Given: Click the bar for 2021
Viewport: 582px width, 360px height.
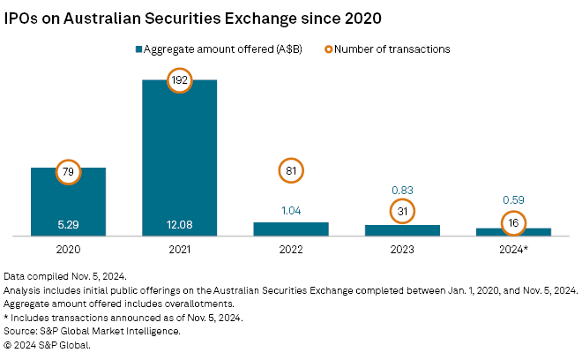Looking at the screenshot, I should coord(180,159).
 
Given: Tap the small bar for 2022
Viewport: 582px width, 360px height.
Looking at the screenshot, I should coord(291,229).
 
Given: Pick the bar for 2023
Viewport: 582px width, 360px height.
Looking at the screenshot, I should coord(402,230).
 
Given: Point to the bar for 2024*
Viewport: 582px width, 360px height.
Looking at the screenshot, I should coord(513,232).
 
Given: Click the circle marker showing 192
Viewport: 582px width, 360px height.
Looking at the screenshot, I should coord(180,79).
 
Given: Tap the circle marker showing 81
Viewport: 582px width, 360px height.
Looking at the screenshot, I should coord(291,171).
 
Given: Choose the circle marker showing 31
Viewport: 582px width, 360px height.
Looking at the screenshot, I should coord(402,212).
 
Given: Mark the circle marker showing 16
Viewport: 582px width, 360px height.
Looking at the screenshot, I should coord(513,223).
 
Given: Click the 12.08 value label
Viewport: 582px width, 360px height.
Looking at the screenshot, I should coord(180,223).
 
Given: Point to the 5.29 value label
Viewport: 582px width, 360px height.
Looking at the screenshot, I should coord(68,223).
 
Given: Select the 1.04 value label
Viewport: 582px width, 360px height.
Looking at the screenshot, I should coord(291,212).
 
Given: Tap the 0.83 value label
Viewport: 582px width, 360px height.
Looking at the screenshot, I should coord(402,190).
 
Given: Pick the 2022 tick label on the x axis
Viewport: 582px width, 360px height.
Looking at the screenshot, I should coord(291,250).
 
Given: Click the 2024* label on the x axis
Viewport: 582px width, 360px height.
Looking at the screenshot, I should coord(513,250).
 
